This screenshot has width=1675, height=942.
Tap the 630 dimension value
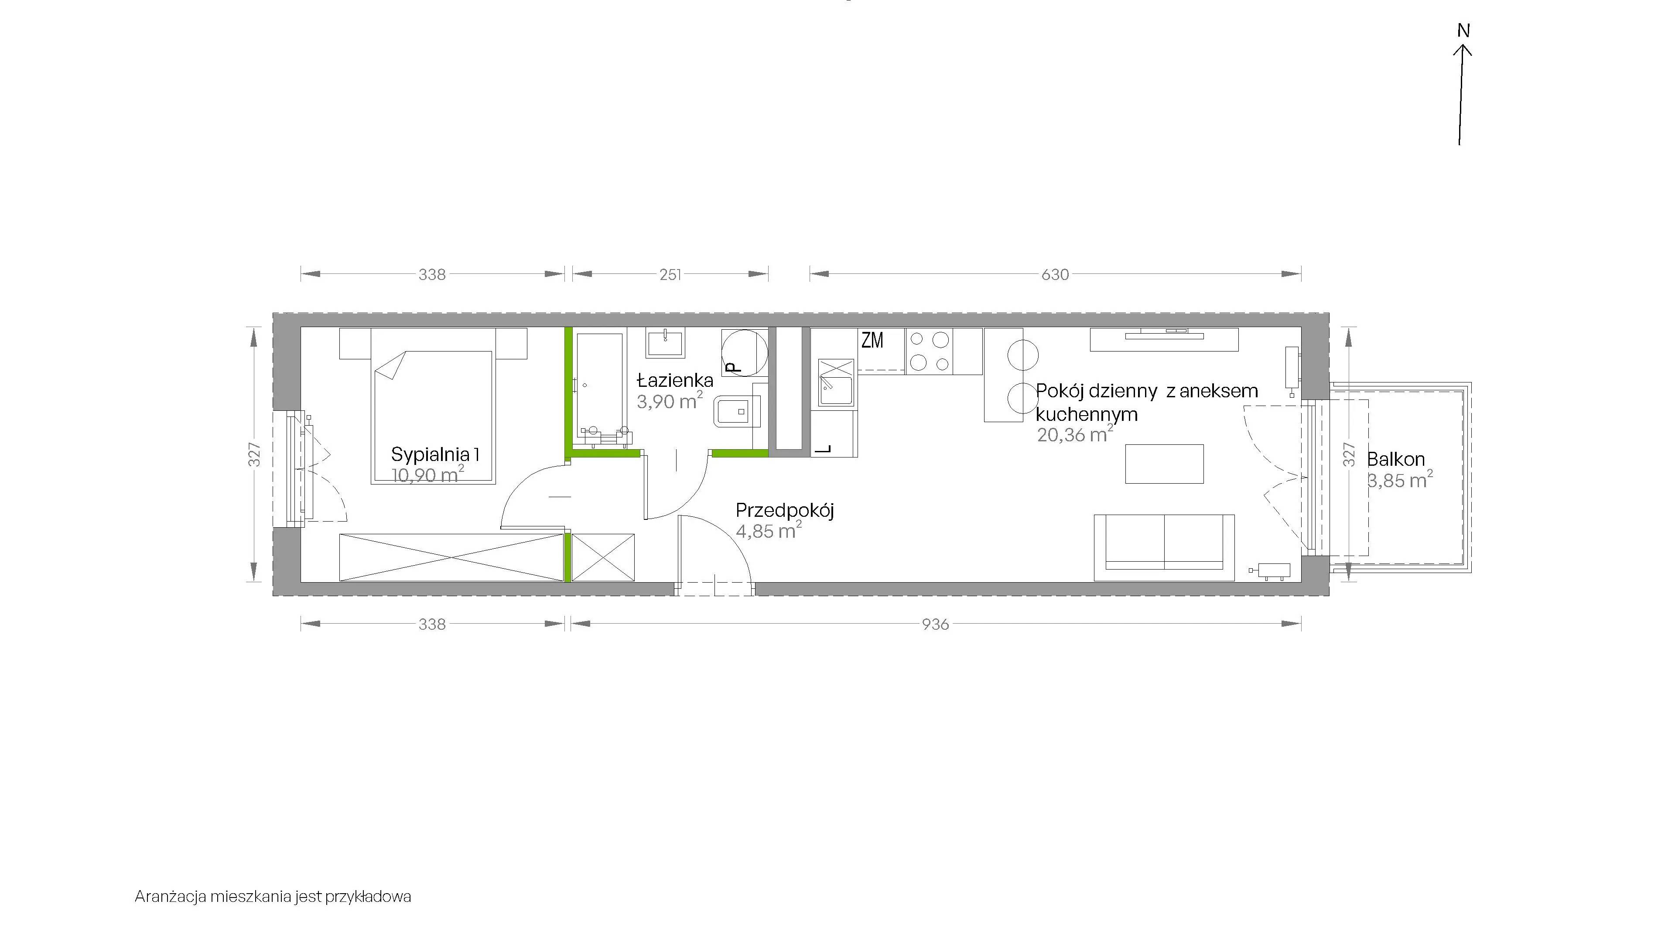(1055, 274)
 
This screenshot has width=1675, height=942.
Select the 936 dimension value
(936, 624)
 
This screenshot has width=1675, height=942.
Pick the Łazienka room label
(675, 380)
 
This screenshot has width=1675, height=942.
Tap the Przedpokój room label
(785, 510)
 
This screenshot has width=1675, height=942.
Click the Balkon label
(1396, 459)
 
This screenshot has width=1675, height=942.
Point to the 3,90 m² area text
(670, 400)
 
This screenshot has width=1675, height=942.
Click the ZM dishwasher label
(872, 340)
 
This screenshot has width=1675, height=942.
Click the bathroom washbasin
(665, 343)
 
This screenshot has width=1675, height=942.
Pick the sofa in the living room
(1164, 547)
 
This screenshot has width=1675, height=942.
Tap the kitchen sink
(836, 382)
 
